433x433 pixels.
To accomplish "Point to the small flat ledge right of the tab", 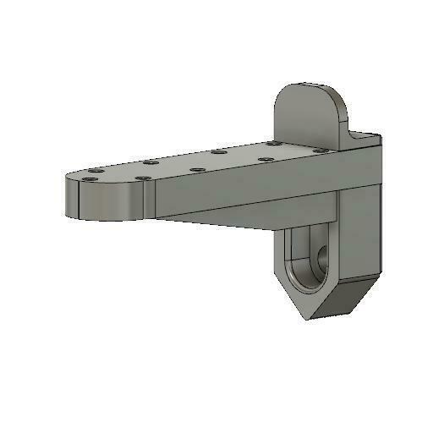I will [x=365, y=136].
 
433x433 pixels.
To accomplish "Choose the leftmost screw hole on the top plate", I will [x=89, y=178].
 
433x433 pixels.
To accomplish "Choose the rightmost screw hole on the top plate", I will [x=320, y=151].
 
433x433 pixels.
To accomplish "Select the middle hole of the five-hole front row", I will [x=198, y=169].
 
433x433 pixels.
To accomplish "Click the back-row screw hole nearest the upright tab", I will [x=273, y=145].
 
